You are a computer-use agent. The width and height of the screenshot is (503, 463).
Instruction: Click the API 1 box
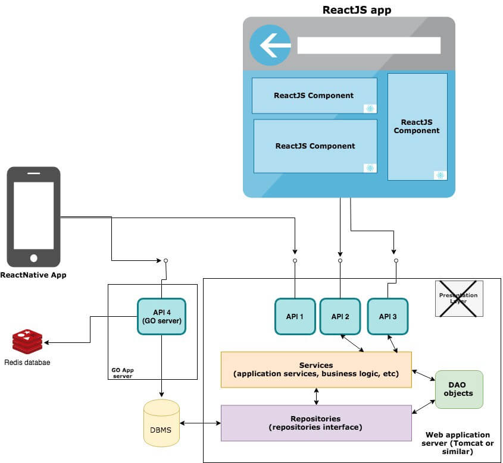coord(295,316)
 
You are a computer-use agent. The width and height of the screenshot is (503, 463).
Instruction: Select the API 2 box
coord(340,316)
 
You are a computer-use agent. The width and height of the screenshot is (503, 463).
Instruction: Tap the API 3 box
coord(388,316)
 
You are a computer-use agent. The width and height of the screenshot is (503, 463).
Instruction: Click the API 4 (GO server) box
coord(162,316)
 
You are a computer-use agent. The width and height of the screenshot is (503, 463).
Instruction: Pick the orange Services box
coord(316,370)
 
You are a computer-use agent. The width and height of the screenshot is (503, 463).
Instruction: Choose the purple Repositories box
coord(316,423)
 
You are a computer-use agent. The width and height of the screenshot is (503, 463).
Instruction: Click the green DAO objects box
coord(459,389)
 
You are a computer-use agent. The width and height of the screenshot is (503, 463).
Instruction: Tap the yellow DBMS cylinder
coord(161,423)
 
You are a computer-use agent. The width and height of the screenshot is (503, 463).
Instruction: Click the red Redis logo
coord(27,341)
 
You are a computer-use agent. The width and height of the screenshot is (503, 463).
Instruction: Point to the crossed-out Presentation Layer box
coord(459,299)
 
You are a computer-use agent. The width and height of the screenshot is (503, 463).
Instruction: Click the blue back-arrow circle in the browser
coord(270,45)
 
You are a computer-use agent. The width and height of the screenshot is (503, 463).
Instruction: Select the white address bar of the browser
coord(369,45)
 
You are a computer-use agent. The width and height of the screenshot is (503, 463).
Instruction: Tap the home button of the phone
coord(34,258)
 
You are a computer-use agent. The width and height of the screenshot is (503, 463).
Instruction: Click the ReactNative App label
coord(33,275)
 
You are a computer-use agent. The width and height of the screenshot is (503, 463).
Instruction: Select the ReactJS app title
coord(357,10)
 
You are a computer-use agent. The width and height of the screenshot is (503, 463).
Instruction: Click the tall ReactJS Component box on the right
coord(417,127)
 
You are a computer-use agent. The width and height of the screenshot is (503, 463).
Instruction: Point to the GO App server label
coord(123,373)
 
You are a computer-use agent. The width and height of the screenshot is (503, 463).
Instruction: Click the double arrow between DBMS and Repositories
coord(200,423)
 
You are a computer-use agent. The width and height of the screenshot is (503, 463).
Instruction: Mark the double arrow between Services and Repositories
coord(316,396)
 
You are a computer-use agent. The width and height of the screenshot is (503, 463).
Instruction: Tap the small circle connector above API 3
coord(396,261)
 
